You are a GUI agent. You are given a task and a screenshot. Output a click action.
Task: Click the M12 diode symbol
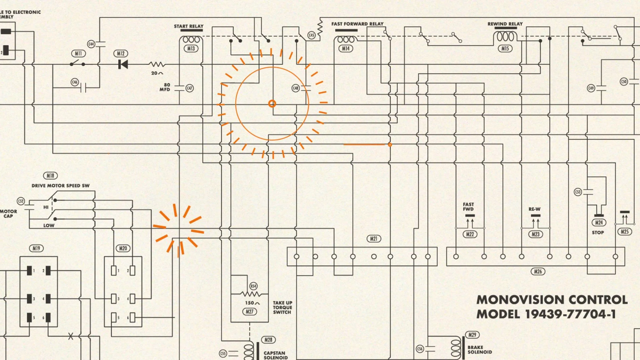(x=123, y=64)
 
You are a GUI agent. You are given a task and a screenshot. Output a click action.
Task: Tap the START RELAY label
(x=188, y=26)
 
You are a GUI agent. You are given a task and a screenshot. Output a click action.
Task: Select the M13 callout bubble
(x=191, y=49)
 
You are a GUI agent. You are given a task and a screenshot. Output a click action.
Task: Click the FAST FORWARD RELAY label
(x=357, y=24)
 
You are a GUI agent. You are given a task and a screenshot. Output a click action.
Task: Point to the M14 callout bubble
(x=346, y=49)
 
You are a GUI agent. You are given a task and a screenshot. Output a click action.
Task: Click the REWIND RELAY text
(x=505, y=24)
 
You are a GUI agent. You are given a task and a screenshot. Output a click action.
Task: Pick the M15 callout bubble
(x=505, y=49)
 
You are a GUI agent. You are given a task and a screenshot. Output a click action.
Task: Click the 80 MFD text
(x=165, y=87)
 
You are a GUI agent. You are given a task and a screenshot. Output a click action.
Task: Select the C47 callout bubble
(x=189, y=88)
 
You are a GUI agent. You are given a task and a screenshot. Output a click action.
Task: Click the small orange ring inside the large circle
(x=272, y=104)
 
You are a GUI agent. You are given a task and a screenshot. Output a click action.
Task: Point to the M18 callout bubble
(x=50, y=176)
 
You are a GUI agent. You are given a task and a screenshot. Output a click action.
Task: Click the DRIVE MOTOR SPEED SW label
(x=60, y=186)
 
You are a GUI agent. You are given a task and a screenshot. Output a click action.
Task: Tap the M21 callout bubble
(x=374, y=239)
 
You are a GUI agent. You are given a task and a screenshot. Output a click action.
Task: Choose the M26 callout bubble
(x=538, y=272)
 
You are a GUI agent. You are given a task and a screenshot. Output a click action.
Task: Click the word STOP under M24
(x=598, y=233)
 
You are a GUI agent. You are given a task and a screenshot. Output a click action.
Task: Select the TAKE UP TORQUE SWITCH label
(x=282, y=308)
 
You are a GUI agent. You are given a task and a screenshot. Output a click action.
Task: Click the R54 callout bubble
(x=253, y=286)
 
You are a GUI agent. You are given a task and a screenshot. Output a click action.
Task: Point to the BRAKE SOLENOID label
(x=479, y=350)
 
